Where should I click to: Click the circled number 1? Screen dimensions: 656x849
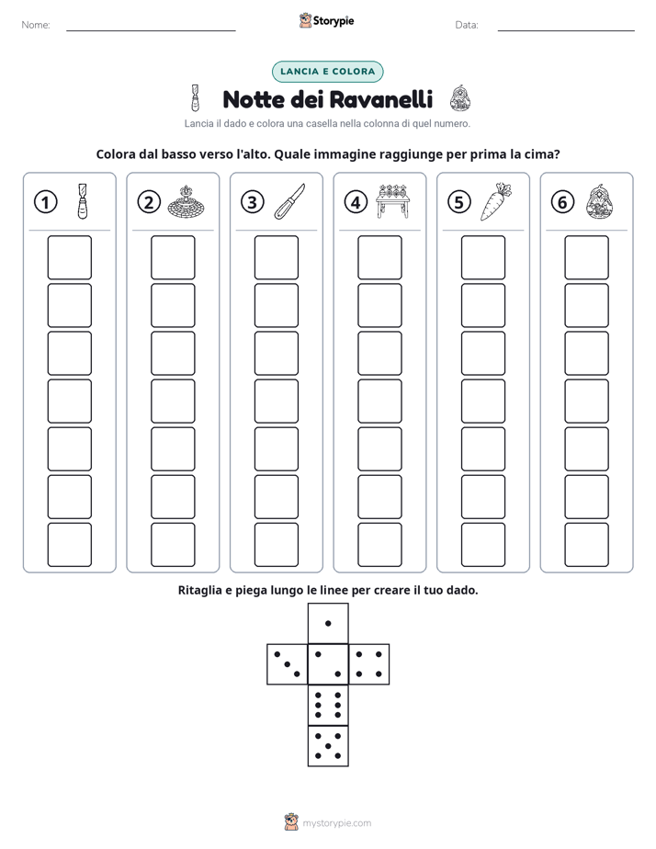click(45, 202)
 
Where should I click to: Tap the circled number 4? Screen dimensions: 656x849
click(356, 202)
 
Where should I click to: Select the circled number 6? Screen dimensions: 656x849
click(562, 202)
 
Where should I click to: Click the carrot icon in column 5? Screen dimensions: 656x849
click(496, 201)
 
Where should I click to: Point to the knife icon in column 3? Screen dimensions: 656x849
click(289, 201)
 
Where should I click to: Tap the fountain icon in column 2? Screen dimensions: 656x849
click(187, 202)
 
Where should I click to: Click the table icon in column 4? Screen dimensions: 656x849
click(392, 201)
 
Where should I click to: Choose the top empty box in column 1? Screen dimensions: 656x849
click(69, 257)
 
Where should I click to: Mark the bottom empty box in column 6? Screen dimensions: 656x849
click(586, 545)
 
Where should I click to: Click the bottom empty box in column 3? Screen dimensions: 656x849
click(276, 545)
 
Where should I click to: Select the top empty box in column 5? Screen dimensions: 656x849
click(482, 257)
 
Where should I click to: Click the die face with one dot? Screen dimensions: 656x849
click(328, 623)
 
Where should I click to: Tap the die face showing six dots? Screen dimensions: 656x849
click(328, 705)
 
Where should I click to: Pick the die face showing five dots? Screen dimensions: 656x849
click(328, 746)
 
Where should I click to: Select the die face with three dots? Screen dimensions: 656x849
click(288, 663)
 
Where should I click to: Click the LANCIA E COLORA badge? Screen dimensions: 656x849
click(327, 72)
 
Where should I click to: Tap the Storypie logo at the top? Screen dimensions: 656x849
click(326, 20)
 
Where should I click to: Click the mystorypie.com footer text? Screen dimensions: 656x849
click(336, 823)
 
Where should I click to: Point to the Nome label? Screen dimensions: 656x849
click(36, 25)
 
